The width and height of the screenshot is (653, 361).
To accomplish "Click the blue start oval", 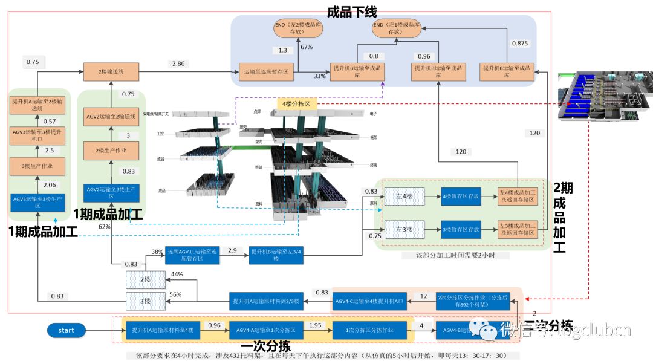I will tap(67, 330).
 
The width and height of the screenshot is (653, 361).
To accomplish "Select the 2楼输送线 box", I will tap(111, 72).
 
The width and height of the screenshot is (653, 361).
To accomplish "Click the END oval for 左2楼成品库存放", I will tap(297, 28).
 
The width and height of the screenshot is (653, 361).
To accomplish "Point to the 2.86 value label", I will tap(178, 63).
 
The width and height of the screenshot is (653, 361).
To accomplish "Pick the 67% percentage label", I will tap(307, 47).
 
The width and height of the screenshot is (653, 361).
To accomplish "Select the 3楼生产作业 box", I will tap(37, 167).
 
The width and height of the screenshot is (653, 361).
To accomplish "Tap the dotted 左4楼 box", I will tap(404, 196).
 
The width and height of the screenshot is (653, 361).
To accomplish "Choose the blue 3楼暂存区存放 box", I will tap(461, 229).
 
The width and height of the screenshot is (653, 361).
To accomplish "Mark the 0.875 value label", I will tap(519, 44).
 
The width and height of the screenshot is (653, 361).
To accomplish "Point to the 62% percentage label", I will tap(105, 226).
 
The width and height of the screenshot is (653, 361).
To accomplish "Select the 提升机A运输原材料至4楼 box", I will tap(163, 330).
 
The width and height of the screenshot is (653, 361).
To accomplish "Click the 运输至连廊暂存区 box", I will tap(266, 72).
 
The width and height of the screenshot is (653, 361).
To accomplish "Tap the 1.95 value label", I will tap(316, 325).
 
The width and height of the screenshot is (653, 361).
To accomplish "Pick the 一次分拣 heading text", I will tap(265, 346).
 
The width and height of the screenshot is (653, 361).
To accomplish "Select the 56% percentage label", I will tap(176, 294).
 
